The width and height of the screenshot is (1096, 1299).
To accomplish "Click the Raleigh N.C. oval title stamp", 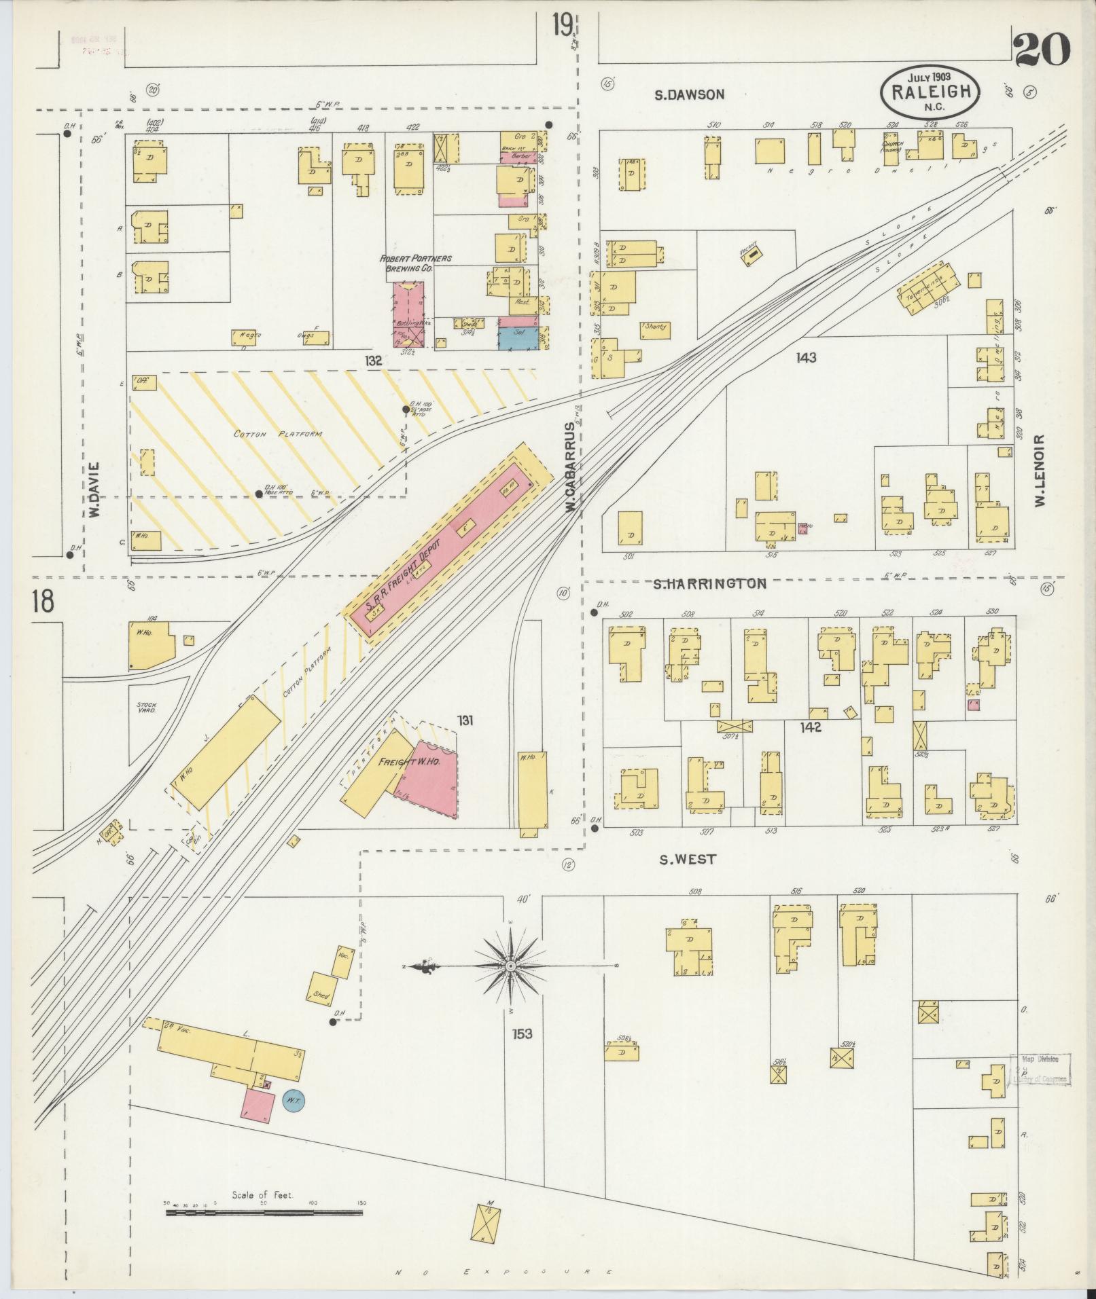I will [x=930, y=90].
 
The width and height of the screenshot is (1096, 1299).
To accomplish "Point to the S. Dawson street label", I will [x=689, y=95].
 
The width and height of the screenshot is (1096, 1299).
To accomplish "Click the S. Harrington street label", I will [x=710, y=583].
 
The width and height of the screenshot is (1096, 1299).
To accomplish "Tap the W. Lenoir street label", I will [x=1039, y=470].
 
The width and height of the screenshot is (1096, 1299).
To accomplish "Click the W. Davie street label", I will [x=94, y=490].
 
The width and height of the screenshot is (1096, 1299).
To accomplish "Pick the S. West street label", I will [x=688, y=859].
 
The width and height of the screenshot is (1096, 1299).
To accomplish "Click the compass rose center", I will [x=509, y=966].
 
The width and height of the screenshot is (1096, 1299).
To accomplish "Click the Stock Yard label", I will [x=146, y=708].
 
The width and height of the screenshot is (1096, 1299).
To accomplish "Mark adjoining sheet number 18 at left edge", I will [x=42, y=602].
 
